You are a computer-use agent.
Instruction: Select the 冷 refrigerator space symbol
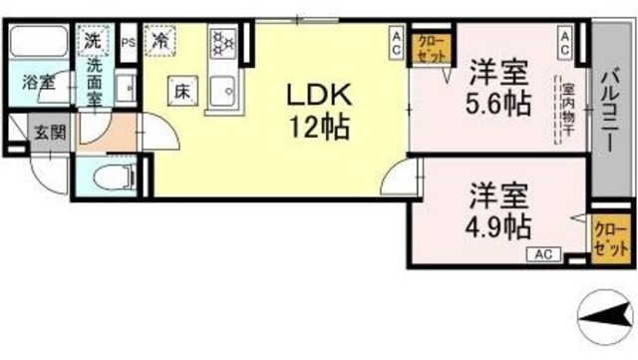click(x=159, y=42)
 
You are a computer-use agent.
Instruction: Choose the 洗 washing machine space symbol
click(x=92, y=42)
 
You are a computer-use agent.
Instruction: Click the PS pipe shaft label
click(x=127, y=42)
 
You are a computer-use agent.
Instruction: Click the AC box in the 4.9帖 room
click(x=544, y=254)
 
